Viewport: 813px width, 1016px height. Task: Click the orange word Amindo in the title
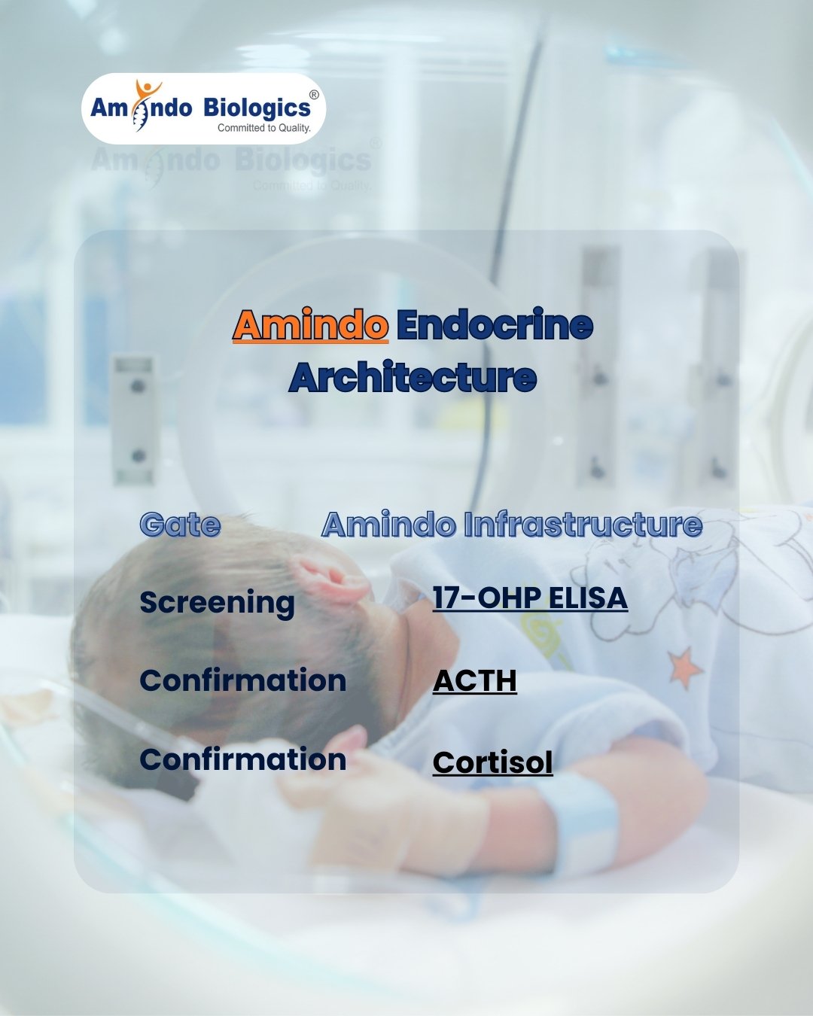pyautogui.click(x=310, y=325)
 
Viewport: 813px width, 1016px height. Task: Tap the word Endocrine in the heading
pyautogui.click(x=495, y=325)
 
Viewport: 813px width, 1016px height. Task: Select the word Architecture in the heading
pyautogui.click(x=413, y=377)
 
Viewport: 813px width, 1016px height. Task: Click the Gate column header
pyautogui.click(x=180, y=525)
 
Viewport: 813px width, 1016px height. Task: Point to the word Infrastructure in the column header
pyautogui.click(x=583, y=525)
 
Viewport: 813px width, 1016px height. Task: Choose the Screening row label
pyautogui.click(x=217, y=602)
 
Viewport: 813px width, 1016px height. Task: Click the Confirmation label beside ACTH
pyautogui.click(x=242, y=680)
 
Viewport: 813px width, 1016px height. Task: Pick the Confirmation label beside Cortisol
pyautogui.click(x=242, y=759)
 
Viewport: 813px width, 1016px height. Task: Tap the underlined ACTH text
pyautogui.click(x=474, y=680)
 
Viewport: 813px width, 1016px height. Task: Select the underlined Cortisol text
pyautogui.click(x=492, y=762)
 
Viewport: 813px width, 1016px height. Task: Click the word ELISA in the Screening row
pyautogui.click(x=588, y=598)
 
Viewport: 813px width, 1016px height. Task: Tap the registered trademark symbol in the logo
pyautogui.click(x=314, y=95)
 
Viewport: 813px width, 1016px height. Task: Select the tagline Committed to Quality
pyautogui.click(x=263, y=128)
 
